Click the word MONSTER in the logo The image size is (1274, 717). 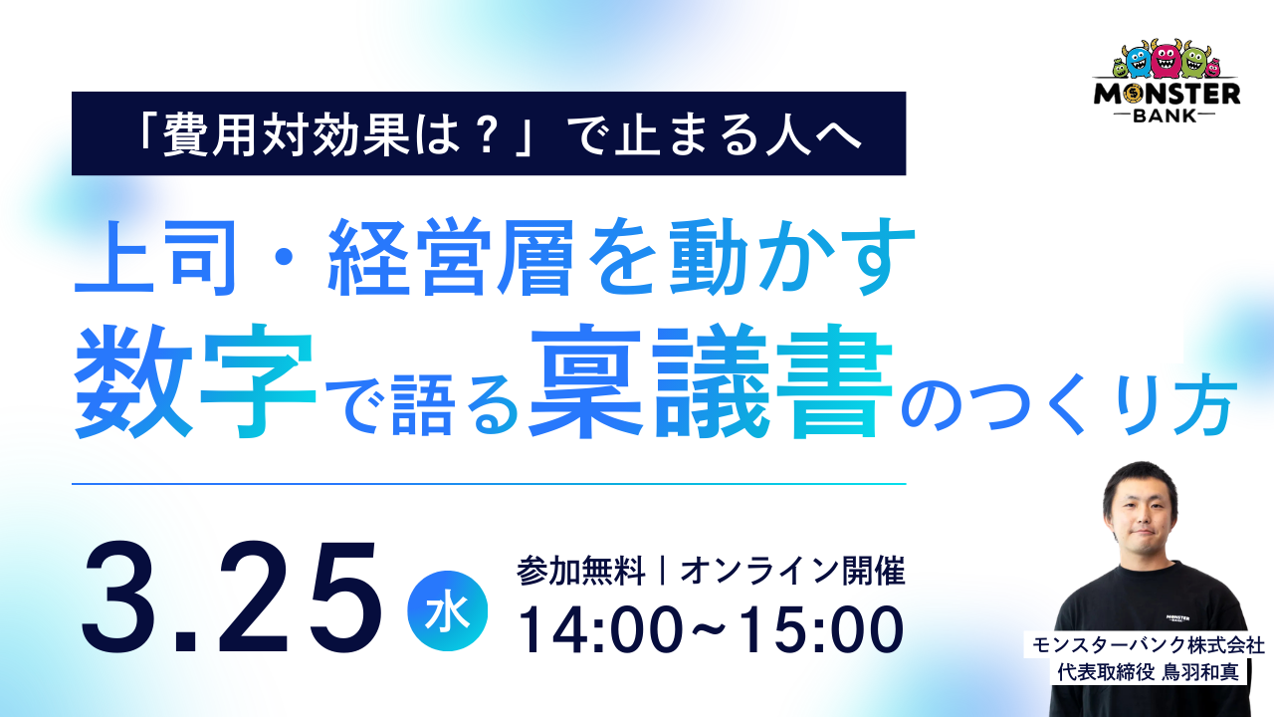point(1168,94)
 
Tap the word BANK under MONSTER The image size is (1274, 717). point(1166,116)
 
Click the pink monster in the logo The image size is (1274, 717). point(1166,60)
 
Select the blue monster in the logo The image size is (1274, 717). point(1139,62)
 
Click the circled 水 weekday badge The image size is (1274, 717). point(448,610)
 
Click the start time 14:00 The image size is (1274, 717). point(600,629)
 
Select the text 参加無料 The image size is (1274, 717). point(580,572)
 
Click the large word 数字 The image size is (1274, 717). point(194,381)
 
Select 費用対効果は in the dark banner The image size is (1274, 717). point(311,135)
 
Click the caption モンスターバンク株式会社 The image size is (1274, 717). point(1149,645)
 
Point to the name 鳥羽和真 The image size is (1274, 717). point(1200,672)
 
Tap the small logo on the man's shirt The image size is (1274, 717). point(1177,618)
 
